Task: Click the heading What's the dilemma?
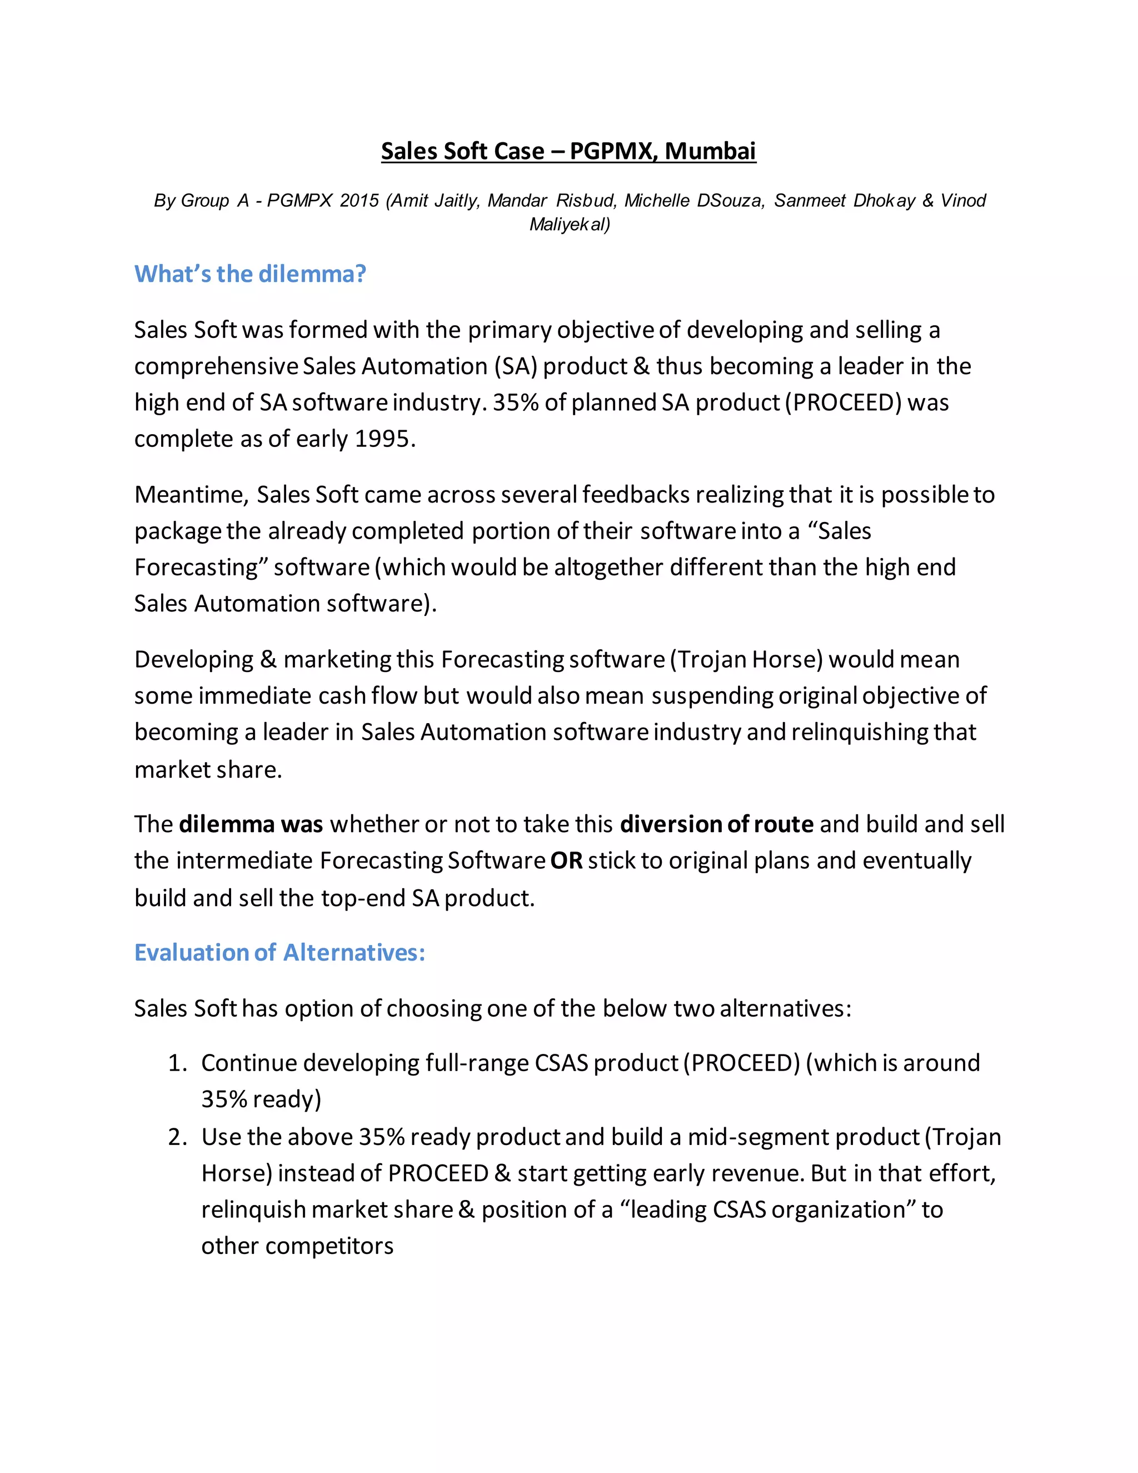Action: [250, 274]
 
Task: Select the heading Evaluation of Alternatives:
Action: [280, 952]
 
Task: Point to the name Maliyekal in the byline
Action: [570, 224]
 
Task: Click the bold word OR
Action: [566, 860]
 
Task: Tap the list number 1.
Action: [177, 1063]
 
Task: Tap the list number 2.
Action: [177, 1137]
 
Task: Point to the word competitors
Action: [329, 1246]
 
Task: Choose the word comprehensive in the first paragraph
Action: [216, 366]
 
